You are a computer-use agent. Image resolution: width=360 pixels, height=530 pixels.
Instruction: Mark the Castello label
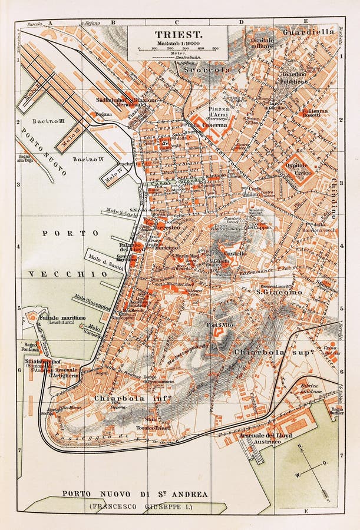tap(235, 252)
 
